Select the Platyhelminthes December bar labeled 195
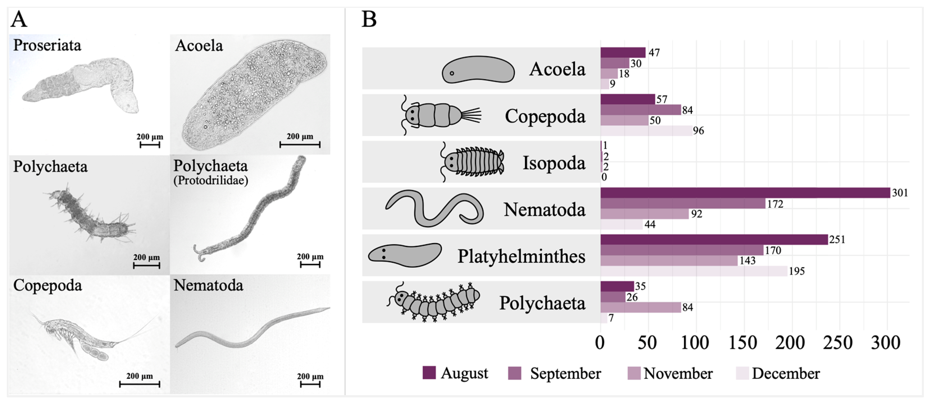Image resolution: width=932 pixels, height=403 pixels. pos(694,271)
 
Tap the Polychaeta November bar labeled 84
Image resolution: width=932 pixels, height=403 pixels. pos(640,307)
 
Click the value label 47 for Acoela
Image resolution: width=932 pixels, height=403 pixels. pos(654,53)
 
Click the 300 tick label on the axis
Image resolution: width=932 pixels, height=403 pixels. pos(885,343)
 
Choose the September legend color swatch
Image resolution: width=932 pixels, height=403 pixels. pos(515,373)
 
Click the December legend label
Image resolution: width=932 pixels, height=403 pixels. pos(786,373)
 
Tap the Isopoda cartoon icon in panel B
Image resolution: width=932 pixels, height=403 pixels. pos(472,162)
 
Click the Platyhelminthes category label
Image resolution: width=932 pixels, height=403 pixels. pos(521,256)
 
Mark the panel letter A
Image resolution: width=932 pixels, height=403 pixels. pos(19,20)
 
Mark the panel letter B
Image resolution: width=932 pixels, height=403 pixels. pos(369,20)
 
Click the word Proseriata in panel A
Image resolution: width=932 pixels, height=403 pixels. pos(47,45)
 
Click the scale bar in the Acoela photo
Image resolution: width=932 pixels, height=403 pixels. pos(299,145)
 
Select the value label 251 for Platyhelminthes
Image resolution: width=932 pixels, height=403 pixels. pos(837,239)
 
